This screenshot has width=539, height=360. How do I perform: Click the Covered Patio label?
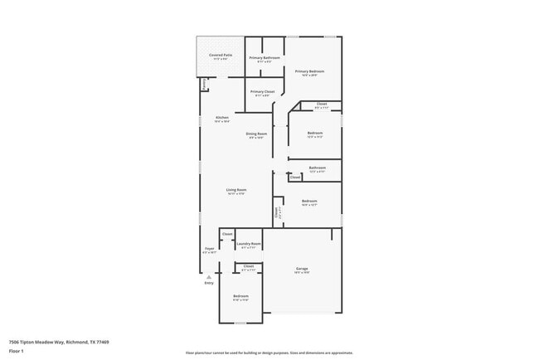[x=220, y=56]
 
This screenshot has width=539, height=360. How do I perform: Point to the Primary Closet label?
[x=262, y=92]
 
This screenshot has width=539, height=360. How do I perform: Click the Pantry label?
[x=204, y=84]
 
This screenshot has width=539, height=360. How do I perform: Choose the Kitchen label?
[x=222, y=119]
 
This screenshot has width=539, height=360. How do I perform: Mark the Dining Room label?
[x=256, y=134]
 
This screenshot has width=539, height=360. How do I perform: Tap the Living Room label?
[x=236, y=191]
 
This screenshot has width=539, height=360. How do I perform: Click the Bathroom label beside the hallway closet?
[x=317, y=168]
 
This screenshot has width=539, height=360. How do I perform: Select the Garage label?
[x=302, y=270]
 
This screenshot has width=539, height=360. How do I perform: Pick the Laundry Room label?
[x=249, y=244]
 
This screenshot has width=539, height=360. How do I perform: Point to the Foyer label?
[x=210, y=249]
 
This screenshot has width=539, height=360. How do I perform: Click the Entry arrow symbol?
[x=209, y=277]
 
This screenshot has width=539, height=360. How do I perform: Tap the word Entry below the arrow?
[x=209, y=284]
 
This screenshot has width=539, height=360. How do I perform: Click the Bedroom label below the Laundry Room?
[x=240, y=297]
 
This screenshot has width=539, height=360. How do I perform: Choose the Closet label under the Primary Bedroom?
[x=322, y=105]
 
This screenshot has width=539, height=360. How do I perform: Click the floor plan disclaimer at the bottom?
[x=269, y=353]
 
